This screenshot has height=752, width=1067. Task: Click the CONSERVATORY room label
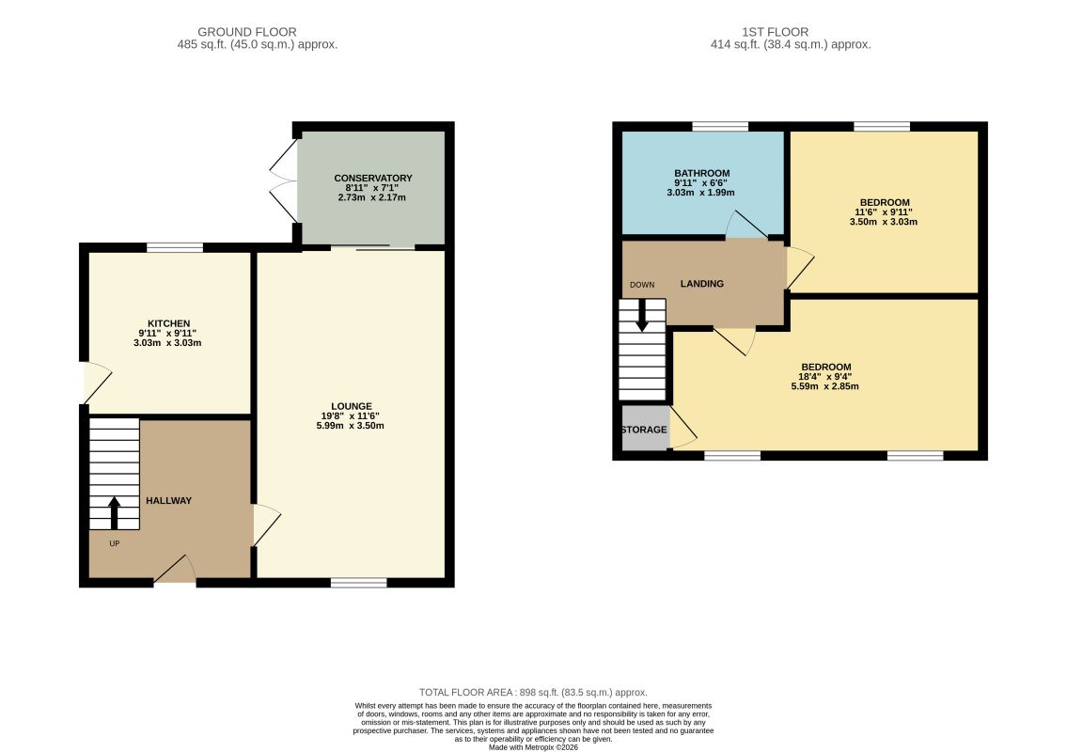(x=373, y=179)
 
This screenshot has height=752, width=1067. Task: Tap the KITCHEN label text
(x=169, y=323)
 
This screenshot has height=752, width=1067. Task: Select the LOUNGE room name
(x=352, y=406)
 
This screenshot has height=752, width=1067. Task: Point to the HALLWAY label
(x=169, y=500)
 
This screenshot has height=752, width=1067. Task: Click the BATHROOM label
(x=701, y=174)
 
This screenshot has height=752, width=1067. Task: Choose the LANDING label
(x=701, y=284)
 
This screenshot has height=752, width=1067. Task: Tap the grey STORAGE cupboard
(x=645, y=428)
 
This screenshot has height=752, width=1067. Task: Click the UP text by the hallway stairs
(x=115, y=543)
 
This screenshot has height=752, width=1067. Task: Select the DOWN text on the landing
(x=642, y=285)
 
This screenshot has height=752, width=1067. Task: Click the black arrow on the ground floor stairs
(x=114, y=513)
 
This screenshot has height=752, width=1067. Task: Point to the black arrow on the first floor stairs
(x=641, y=316)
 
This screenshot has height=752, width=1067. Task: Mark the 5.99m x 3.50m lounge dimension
(x=350, y=426)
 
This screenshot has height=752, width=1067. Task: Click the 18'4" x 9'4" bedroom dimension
(x=825, y=376)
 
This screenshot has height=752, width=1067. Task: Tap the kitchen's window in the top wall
(x=175, y=248)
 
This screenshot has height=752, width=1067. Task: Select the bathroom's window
(x=720, y=127)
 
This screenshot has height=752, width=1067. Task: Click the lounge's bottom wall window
(x=358, y=583)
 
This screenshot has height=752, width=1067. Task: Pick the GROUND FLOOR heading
(x=247, y=32)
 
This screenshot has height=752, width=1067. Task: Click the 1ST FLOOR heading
(x=775, y=32)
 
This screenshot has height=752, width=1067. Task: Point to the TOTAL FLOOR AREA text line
(x=533, y=692)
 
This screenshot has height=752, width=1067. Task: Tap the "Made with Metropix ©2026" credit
(x=534, y=747)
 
